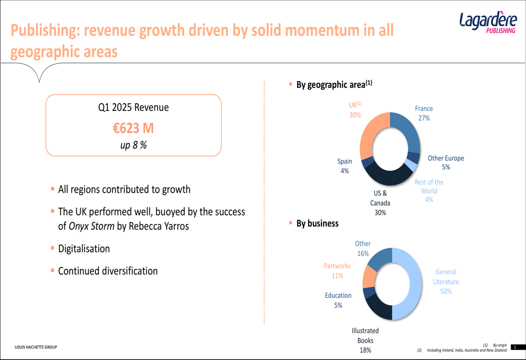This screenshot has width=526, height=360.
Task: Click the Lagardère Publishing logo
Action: pyautogui.click(x=488, y=24)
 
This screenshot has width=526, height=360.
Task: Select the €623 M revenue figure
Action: pyautogui.click(x=134, y=128)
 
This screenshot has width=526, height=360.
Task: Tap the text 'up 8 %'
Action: pyautogui.click(x=134, y=145)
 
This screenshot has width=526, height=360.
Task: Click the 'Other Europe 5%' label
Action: pyautogui.click(x=446, y=162)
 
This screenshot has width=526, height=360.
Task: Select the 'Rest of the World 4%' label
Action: pyautogui.click(x=429, y=191)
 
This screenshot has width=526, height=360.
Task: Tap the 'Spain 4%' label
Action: pyautogui.click(x=345, y=166)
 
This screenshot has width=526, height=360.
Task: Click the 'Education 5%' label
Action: pyautogui.click(x=338, y=300)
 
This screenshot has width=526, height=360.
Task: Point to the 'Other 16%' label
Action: pyautogui.click(x=362, y=249)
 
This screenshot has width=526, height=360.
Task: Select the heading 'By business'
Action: pyautogui.click(x=317, y=223)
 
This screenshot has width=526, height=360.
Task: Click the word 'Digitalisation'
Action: pyautogui.click(x=84, y=249)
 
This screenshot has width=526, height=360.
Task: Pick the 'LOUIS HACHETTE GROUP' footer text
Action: pyautogui.click(x=36, y=347)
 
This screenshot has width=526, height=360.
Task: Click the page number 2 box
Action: pyautogui.click(x=515, y=347)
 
